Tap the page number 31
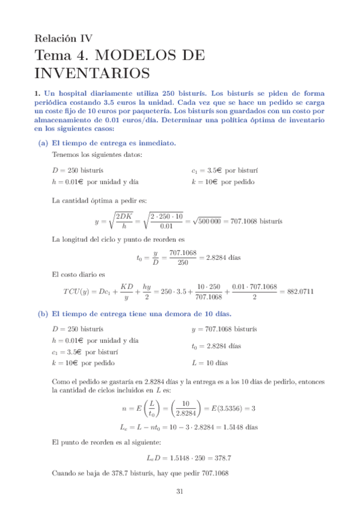pos(179,492)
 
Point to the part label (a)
pos(43,143)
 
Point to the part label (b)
pos(43,314)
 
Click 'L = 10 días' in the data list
pos(210,363)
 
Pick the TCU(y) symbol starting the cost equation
pos(79,292)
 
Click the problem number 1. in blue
pos(37,93)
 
